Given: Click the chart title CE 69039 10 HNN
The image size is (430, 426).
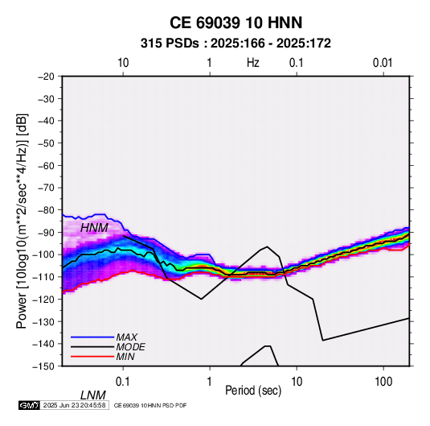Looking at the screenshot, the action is (x=235, y=23).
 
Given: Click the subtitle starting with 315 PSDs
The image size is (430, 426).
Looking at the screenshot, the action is (x=235, y=43).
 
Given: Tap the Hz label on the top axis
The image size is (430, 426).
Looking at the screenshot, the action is (x=253, y=63).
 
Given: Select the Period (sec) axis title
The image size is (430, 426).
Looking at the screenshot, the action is (x=253, y=391).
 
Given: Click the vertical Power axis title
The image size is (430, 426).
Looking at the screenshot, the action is (x=22, y=221).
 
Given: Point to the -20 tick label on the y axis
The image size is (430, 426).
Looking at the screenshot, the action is (x=46, y=77).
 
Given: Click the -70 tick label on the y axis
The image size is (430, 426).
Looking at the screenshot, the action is (x=46, y=188).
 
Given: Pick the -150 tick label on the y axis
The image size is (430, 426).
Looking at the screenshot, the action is (x=43, y=366).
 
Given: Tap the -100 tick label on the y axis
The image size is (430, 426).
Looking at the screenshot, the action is (x=43, y=254).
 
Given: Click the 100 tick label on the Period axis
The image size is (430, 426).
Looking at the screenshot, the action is (x=383, y=382).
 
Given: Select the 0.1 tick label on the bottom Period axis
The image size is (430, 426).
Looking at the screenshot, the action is (x=123, y=382).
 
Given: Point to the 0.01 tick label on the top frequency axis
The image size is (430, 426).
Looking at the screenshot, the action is (x=383, y=63).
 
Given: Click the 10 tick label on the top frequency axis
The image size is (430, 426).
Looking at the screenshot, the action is (x=123, y=63).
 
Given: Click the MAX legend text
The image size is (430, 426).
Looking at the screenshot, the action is (x=127, y=337).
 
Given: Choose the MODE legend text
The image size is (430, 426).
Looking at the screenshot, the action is (x=130, y=347).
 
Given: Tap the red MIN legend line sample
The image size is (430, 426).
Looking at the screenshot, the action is (x=92, y=357).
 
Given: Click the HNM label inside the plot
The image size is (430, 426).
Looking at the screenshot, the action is (x=94, y=228).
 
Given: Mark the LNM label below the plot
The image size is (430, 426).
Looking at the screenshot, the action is (x=93, y=395).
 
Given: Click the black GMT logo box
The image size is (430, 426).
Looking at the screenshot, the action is (x=30, y=405).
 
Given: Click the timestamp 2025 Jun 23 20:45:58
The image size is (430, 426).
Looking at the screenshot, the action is (x=74, y=405).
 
